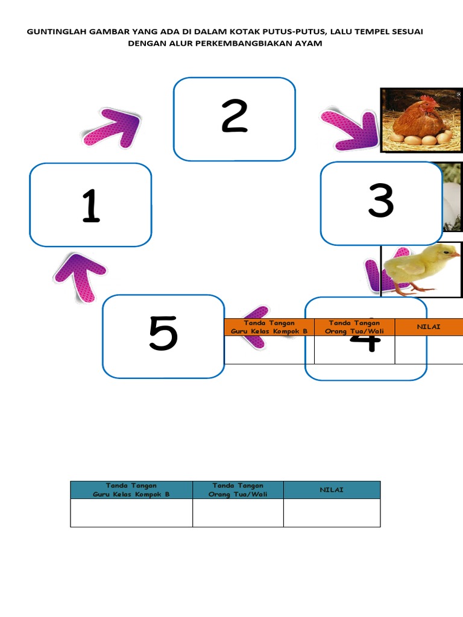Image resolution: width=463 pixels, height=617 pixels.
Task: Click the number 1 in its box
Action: pos(91,205)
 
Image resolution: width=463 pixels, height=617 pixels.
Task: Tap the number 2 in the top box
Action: pos(235,116)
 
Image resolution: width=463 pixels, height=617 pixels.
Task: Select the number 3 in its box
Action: pos(381,201)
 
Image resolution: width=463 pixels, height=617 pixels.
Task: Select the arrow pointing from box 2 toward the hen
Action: pos(350,130)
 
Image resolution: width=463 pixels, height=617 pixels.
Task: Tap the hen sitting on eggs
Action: pos(420,120)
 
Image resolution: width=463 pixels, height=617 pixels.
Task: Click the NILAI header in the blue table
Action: pos(332,490)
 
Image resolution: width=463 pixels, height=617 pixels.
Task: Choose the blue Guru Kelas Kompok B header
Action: pos(131,490)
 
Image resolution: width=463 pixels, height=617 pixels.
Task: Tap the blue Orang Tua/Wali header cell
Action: pos(238,490)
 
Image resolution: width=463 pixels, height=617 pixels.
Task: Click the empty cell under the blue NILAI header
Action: pos(332,513)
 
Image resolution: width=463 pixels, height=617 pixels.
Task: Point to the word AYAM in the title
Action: pos(310,43)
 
